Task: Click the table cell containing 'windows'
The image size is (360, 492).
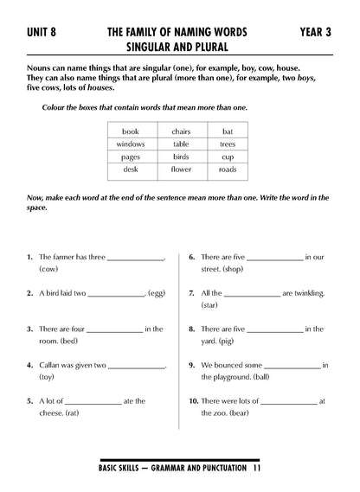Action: tap(132, 144)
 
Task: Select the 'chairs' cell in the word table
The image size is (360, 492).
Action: tap(180, 131)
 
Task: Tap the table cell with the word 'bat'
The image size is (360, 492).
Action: tap(228, 131)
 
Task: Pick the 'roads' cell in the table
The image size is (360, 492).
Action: tap(228, 170)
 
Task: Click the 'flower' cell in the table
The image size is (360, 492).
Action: tap(180, 170)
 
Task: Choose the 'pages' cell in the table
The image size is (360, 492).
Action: tap(132, 157)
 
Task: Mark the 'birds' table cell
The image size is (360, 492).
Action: tap(180, 157)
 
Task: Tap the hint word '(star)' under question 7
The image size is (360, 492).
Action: tap(209, 305)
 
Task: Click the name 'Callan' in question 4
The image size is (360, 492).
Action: tap(54, 365)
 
